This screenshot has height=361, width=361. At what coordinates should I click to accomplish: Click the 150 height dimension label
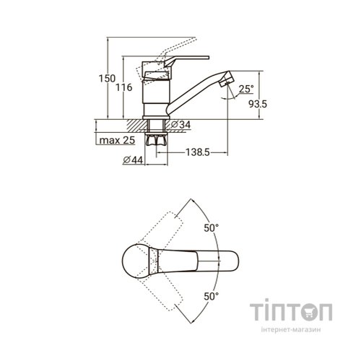tap(107, 79)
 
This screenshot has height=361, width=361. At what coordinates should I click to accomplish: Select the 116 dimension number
tap(124, 87)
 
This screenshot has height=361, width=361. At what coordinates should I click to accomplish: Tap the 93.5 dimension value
tap(258, 104)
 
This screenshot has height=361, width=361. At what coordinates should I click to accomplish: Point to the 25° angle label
tap(246, 89)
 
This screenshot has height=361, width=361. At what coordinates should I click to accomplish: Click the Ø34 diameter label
tap(181, 125)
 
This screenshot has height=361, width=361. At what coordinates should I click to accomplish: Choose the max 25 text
tap(117, 140)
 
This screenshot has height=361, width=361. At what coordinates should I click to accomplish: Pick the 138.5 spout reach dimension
tap(198, 152)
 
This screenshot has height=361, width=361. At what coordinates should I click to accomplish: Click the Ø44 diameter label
tap(133, 160)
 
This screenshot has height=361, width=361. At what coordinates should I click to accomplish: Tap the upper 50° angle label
tap(212, 228)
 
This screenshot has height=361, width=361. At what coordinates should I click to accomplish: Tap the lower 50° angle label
tap(212, 296)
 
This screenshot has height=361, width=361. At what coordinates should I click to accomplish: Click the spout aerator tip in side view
tap(227, 79)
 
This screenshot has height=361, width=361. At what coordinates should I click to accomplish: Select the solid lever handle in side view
tap(186, 61)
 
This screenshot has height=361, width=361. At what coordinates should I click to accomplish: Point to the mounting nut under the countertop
tap(157, 139)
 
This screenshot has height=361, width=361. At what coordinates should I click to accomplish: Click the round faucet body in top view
tap(136, 261)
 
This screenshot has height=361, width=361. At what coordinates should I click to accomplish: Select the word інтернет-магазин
tap(291, 329)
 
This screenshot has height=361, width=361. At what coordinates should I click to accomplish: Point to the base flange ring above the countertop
tap(157, 118)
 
